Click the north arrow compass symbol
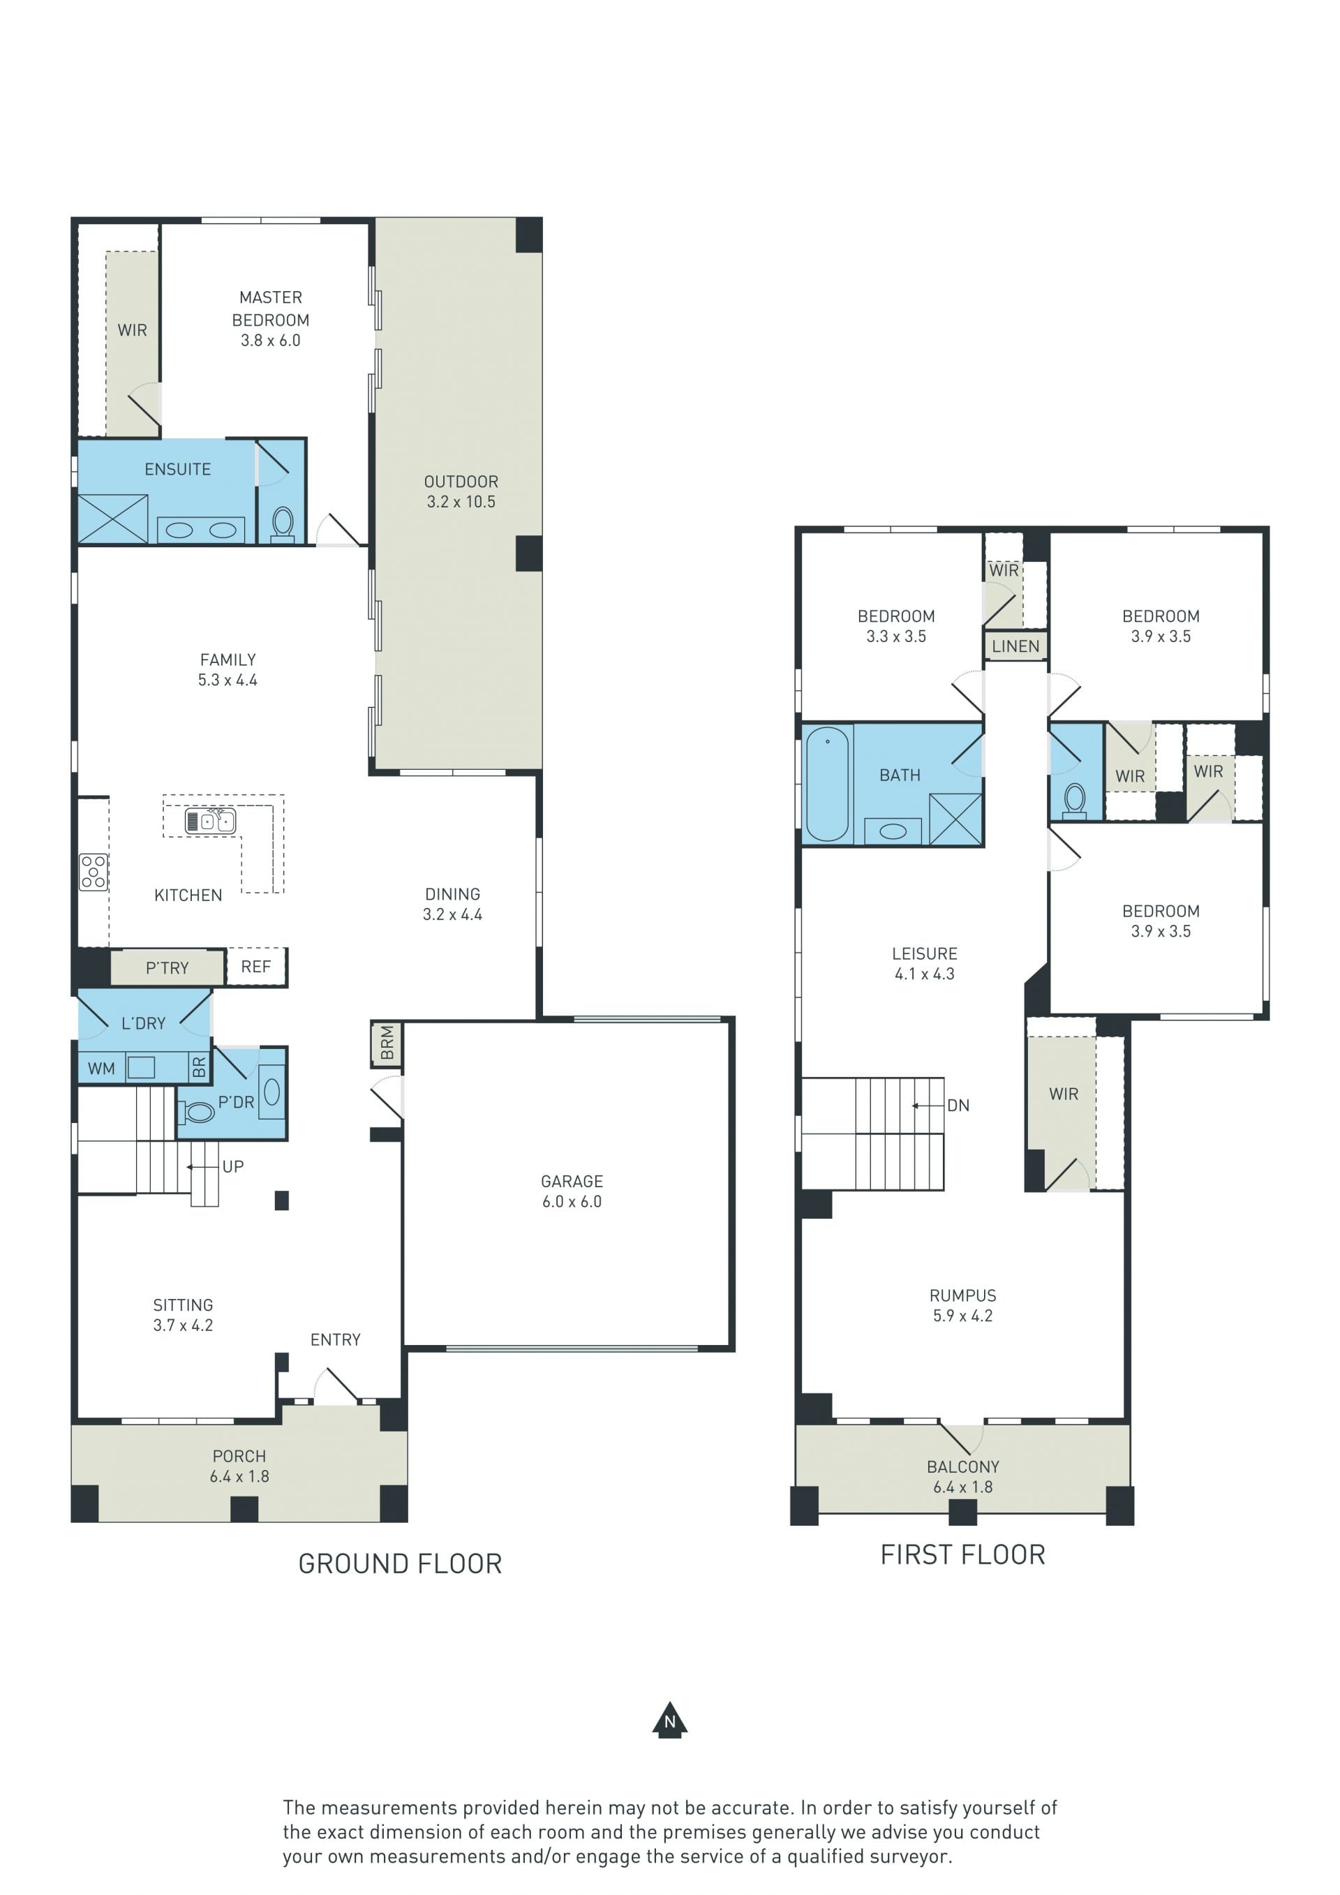click(669, 1720)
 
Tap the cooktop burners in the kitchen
click(94, 872)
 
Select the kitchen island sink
click(210, 822)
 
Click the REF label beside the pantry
click(256, 967)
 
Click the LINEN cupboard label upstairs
click(1015, 646)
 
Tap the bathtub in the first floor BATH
click(827, 783)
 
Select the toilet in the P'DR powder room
click(196, 1112)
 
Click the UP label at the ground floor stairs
click(232, 1166)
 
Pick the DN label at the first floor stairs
click(958, 1105)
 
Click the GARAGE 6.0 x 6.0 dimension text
click(572, 1202)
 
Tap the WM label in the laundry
click(101, 1068)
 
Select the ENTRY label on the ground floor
click(335, 1339)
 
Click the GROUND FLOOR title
click(400, 1563)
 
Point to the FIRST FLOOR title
click(963, 1554)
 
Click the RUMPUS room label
click(963, 1296)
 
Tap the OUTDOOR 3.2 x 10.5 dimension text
click(461, 502)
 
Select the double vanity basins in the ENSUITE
click(201, 530)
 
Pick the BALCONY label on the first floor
click(963, 1466)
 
